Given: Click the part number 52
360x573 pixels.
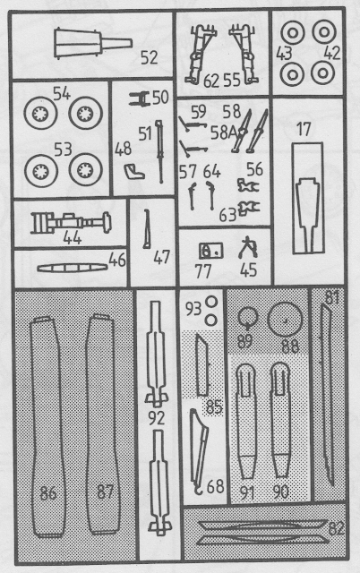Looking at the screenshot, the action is pos(150,57).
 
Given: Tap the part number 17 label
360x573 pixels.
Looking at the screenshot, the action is pos(304,129).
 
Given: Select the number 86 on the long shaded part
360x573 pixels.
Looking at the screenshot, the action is pos(48,493).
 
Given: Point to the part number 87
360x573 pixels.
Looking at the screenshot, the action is pos(106,492).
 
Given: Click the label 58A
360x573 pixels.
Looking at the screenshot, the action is pos(224,133).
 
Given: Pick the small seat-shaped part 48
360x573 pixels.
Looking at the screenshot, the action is pos(134,171).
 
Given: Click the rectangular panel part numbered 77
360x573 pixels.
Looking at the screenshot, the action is pos(210,251).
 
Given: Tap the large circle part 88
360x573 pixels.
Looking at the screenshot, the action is pos(285,319).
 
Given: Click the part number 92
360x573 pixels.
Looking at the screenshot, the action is pos(157,419).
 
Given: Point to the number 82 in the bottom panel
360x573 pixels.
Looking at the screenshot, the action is pos(337,528).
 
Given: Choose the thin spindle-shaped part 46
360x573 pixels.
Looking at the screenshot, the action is pos(73,268).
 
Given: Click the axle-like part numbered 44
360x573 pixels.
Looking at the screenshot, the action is pos(71,223).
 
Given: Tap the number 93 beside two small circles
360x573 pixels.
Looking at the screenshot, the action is pos(193,310).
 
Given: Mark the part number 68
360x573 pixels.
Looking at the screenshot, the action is pos(215,486).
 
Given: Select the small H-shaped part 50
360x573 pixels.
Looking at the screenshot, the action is pos(139,98).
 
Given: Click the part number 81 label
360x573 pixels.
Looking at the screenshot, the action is pos(332,298).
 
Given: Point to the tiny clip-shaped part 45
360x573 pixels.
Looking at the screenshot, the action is pos(247,248).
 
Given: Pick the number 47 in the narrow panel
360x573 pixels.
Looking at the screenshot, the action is pos(161,257).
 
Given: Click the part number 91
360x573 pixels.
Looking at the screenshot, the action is pos(247,492).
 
